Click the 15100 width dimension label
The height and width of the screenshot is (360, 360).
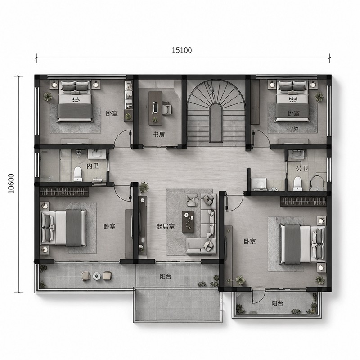coord(182,50)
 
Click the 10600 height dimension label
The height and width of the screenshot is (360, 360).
coord(11,184)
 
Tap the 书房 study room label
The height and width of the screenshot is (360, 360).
coord(159,135)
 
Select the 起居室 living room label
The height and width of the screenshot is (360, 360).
coord(165,227)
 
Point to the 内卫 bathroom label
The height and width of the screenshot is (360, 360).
coord(93,166)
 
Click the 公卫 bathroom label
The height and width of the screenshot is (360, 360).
coord(302,169)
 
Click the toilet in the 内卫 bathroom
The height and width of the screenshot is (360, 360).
coord(78,173)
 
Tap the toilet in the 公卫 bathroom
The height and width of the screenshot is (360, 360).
coord(298,183)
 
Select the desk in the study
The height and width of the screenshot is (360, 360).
coord(155,108)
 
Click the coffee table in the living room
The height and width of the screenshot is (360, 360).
coord(188,222)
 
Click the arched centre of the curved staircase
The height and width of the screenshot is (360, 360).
coord(216,122)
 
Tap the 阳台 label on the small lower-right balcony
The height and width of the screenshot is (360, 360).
coord(277,303)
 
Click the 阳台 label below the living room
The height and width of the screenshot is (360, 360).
coord(166,277)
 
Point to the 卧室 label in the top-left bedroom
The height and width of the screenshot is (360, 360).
coord(112,113)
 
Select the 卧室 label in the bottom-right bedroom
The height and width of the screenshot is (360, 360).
coord(250,242)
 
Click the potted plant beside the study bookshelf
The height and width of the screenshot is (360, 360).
coord(128,117)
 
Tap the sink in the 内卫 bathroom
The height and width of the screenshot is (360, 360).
coord(97,154)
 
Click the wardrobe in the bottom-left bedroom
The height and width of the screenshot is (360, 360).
coord(64,192)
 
